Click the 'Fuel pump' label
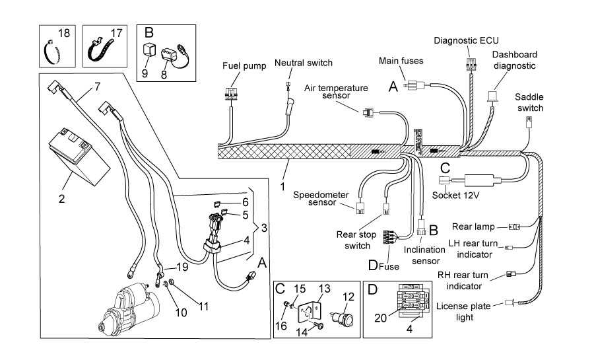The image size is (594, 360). [244, 66]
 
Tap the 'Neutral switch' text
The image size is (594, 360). [304, 63]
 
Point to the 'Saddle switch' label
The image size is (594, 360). [530, 102]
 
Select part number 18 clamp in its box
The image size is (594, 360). [53, 52]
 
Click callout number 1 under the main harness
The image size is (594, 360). [282, 187]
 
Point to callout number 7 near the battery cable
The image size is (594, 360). [97, 87]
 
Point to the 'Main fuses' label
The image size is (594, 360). [401, 61]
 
